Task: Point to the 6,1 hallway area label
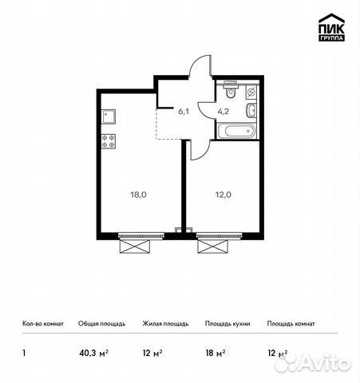point(183,112)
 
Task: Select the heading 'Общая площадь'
point(101,324)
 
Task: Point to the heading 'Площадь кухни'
point(226,324)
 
